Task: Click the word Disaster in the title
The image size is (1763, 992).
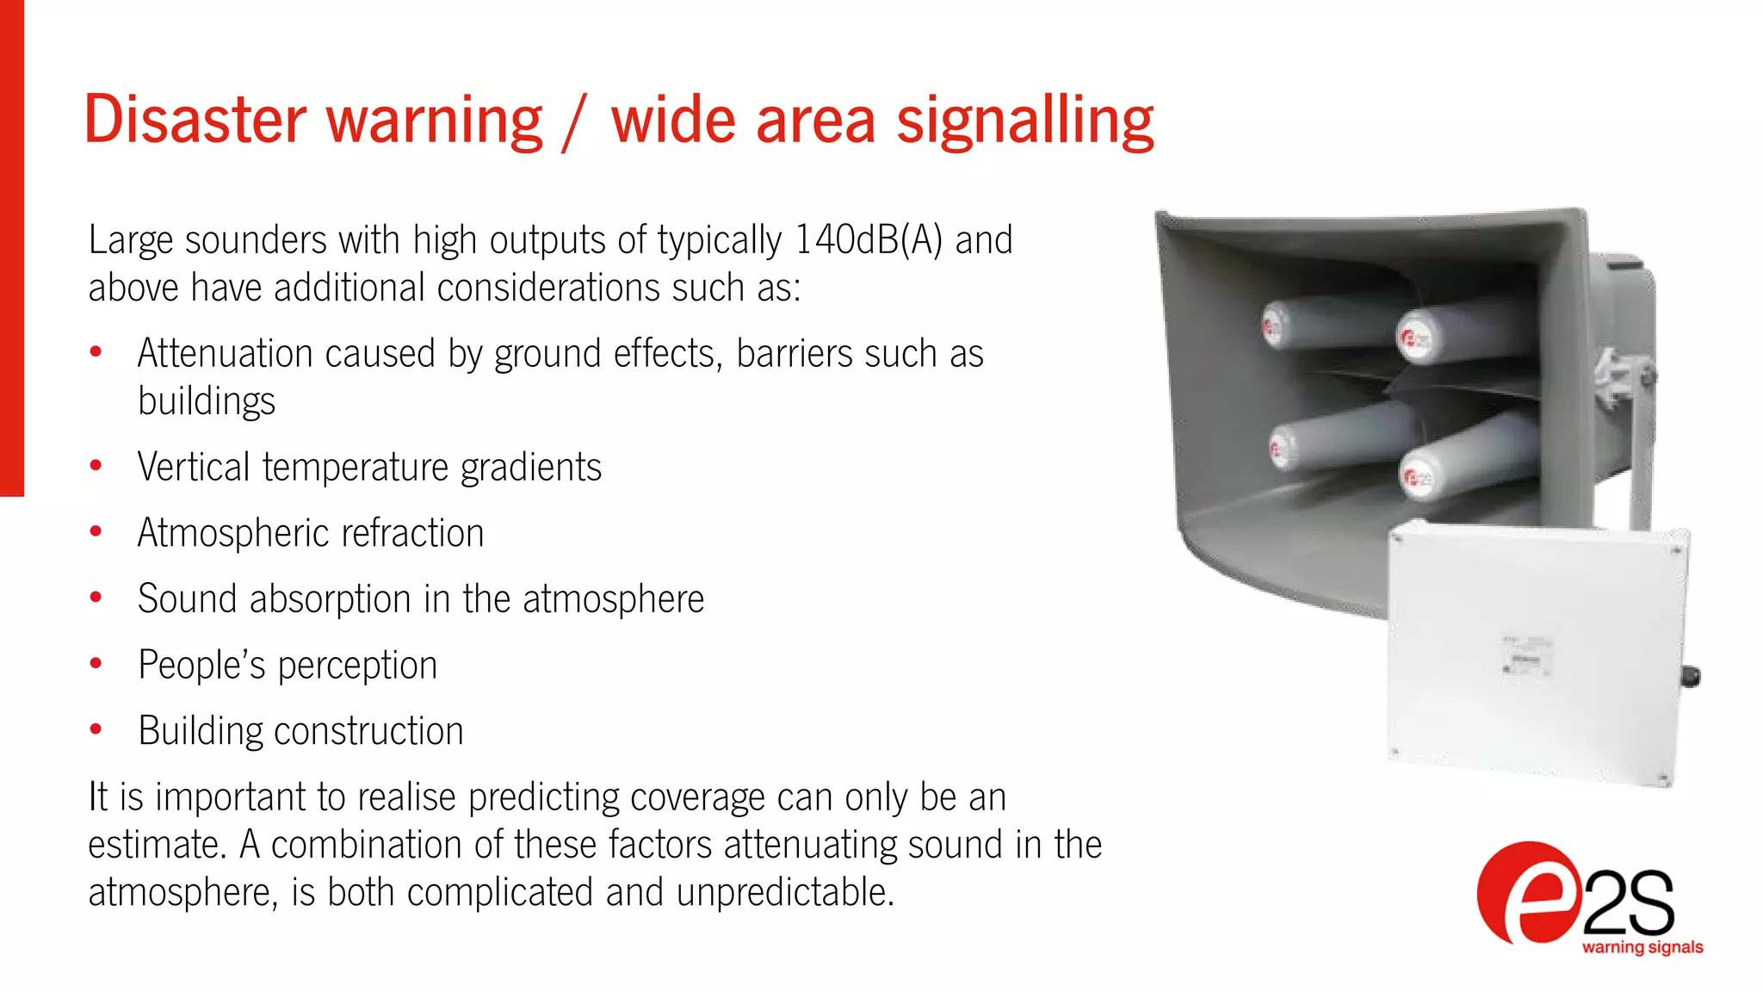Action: pyautogui.click(x=195, y=120)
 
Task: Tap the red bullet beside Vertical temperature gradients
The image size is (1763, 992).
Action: pyautogui.click(x=96, y=466)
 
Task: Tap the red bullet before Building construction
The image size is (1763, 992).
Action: pyautogui.click(x=96, y=730)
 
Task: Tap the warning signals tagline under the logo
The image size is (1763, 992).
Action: pyautogui.click(x=1642, y=947)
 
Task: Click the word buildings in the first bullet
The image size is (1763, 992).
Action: pyautogui.click(x=207, y=402)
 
